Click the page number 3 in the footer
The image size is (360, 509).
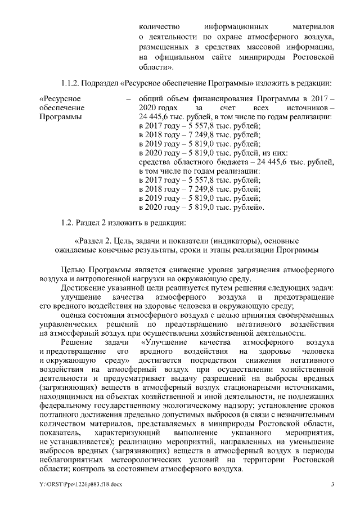(332, 485)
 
